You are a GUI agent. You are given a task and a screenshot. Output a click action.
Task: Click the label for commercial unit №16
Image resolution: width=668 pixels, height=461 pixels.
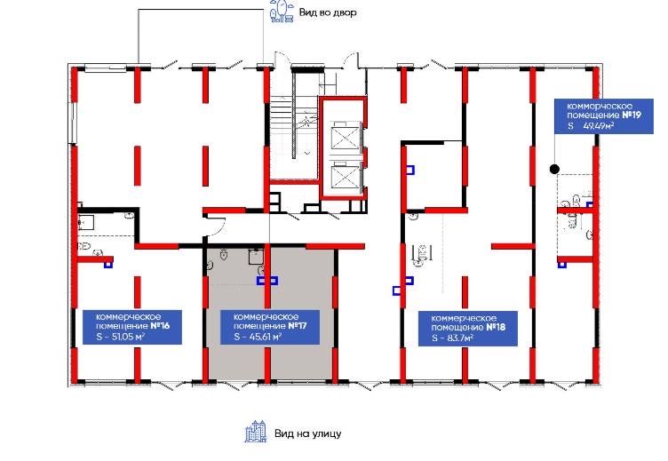click(x=132, y=327)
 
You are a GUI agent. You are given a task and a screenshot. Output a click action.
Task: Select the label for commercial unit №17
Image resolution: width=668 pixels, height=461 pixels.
click(x=270, y=327)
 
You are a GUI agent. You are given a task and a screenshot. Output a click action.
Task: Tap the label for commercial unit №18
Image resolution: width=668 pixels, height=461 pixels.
click(x=468, y=329)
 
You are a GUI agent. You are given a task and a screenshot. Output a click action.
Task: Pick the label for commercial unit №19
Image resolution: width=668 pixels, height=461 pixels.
click(x=604, y=115)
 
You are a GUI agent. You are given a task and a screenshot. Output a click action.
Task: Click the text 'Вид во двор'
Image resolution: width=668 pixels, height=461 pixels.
click(x=328, y=12)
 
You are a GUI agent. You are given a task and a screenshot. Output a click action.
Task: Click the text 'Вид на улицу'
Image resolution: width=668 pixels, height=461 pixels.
click(x=307, y=433)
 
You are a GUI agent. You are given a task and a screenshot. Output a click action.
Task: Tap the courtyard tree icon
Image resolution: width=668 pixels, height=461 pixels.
click(x=282, y=12)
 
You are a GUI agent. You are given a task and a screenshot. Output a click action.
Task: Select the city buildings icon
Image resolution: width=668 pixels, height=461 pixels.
click(x=256, y=431)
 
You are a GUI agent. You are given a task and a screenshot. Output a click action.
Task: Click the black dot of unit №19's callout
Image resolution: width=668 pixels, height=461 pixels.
click(x=554, y=169)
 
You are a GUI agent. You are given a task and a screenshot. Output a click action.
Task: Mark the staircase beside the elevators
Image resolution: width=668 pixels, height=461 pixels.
click(x=295, y=128)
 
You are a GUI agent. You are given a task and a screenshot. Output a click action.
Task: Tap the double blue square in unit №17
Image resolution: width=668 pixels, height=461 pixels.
click(x=267, y=281)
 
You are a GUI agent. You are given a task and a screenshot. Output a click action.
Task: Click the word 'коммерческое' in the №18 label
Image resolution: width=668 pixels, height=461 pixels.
click(x=464, y=318)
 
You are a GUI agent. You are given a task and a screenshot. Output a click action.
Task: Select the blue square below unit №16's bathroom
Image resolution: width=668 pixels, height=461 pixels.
click(x=108, y=265)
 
